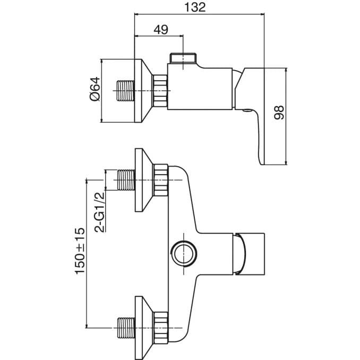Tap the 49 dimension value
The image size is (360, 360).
click(x=160, y=30)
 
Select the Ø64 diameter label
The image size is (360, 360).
click(x=94, y=89)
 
